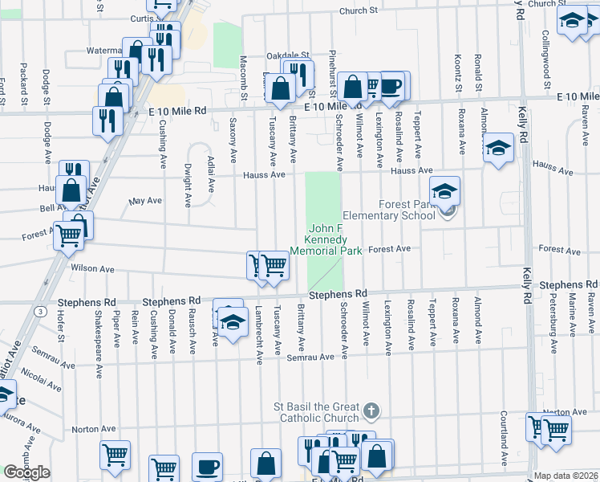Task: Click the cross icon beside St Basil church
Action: click(370, 411)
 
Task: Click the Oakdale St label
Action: click(287, 55)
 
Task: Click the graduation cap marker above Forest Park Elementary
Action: click(444, 191)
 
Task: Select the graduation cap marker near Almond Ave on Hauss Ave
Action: click(497, 148)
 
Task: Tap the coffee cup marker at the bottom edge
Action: click(207, 466)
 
